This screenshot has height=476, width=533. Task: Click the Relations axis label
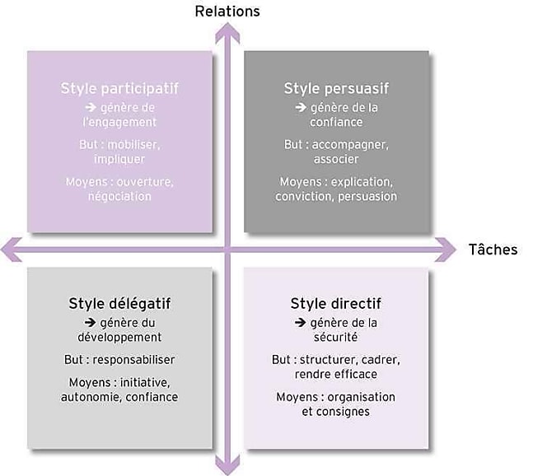(227, 12)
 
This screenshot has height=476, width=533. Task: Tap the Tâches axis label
(493, 250)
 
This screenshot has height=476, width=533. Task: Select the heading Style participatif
(119, 88)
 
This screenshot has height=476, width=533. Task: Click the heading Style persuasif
(336, 88)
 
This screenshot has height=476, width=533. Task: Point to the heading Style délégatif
(119, 303)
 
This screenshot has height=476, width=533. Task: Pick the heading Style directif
(336, 303)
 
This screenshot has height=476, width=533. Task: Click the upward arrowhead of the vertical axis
(227, 32)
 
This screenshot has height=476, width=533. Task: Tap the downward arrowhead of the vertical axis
(227, 465)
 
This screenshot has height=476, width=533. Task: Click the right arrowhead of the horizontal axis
(446, 250)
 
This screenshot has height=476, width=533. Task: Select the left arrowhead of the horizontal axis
(11, 250)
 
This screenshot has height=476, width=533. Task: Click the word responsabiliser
(133, 359)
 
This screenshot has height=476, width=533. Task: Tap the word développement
(119, 337)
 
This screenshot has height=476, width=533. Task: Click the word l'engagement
(119, 122)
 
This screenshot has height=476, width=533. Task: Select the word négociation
(119, 196)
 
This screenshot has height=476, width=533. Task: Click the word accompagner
(350, 145)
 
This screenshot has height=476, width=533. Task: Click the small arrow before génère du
(90, 322)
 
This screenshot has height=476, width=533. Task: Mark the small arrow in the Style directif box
(301, 322)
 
